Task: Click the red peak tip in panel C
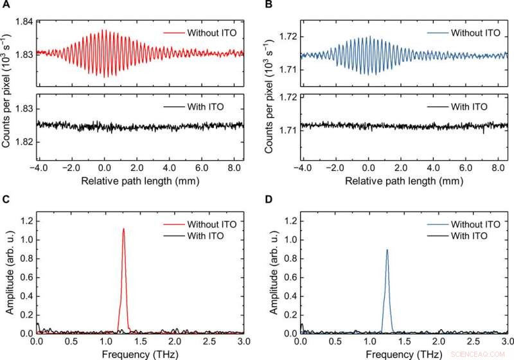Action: coord(123,229)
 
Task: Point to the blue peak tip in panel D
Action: coord(387,250)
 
